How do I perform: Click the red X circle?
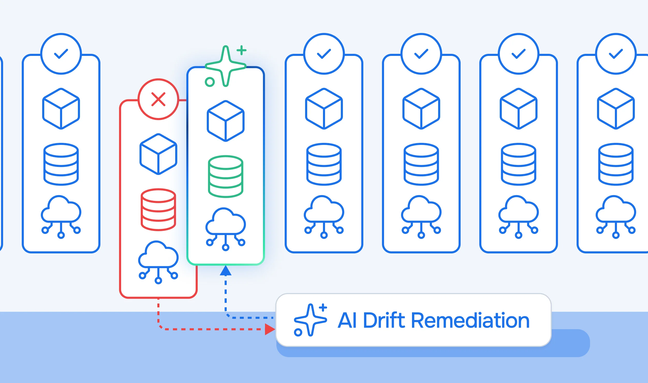point(158,99)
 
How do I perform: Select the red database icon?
point(158,210)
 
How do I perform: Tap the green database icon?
point(226,176)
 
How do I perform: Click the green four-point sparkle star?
point(226,66)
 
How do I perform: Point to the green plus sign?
point(241,50)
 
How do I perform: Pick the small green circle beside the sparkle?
point(210,82)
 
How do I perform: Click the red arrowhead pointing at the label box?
point(270,329)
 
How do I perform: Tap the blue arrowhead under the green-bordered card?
point(226,271)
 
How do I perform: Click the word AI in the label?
point(347,320)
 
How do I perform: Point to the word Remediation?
point(470,320)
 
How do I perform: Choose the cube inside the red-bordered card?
point(158,154)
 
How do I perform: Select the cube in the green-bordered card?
point(226,121)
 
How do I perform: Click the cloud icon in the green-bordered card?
point(226,229)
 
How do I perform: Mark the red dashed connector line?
point(197,329)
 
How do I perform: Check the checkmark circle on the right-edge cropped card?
point(616,54)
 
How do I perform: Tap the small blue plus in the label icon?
point(323,308)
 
